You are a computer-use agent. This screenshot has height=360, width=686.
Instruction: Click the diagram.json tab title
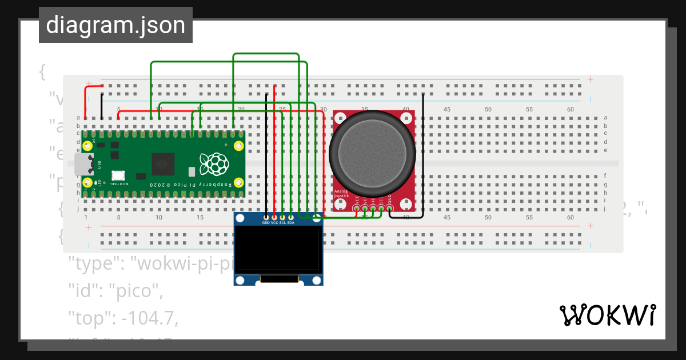[x=115, y=25]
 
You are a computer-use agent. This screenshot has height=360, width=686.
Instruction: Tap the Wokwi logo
[x=607, y=315]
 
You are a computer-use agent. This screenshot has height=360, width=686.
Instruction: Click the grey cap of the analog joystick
[x=372, y=151]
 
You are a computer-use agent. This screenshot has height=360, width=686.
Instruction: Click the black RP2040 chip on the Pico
[x=163, y=165]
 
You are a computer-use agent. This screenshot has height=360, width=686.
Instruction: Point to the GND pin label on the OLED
[x=266, y=223]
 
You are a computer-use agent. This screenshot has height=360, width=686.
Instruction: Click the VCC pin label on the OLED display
[x=274, y=223]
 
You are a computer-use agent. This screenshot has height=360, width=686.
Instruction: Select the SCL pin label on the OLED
[x=282, y=223]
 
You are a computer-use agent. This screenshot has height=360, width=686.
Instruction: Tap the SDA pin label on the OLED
[x=290, y=223]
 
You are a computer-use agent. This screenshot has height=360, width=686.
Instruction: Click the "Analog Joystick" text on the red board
[x=341, y=194]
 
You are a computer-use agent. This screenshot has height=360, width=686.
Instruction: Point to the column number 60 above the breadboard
[x=570, y=109]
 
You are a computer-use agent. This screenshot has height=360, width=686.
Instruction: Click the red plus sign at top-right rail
[x=590, y=79]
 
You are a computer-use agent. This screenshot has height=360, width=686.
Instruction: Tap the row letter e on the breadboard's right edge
[x=605, y=150]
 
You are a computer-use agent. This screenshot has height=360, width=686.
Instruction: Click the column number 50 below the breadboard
[x=488, y=218]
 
